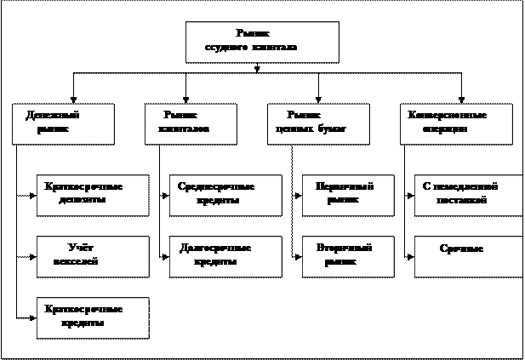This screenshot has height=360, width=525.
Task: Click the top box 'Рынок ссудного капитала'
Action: click(262, 42)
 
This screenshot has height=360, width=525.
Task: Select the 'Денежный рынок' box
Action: click(64, 123)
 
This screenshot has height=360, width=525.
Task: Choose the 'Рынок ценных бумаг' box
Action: click(318, 123)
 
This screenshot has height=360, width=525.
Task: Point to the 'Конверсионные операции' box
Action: click(456, 123)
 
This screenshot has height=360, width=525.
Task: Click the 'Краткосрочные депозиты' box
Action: click(93, 195)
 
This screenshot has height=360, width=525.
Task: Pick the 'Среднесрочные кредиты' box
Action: click(225, 195)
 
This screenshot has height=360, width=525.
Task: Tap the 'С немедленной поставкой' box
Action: click(468, 195)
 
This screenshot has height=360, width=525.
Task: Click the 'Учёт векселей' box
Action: click(93, 256)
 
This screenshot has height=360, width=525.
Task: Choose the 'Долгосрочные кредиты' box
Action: click(225, 256)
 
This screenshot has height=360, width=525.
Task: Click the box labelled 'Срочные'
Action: click(468, 256)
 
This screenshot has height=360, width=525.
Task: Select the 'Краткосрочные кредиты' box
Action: click(93, 317)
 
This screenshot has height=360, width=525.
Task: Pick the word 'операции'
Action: click(444, 130)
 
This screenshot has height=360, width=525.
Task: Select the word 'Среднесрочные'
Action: click(217, 187)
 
